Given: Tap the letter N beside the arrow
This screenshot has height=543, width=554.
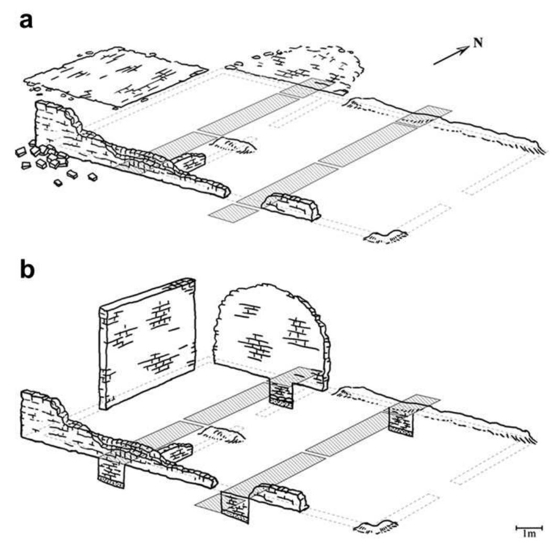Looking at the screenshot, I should click(x=477, y=44).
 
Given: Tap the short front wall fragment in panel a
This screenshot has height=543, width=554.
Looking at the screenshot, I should click(x=291, y=207).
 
